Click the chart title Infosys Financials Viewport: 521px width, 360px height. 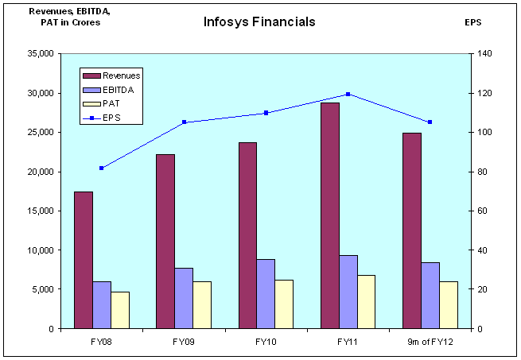259,21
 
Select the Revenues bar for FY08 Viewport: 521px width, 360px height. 84,260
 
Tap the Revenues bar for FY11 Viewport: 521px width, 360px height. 330,215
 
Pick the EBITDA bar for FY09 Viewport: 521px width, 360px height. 184,298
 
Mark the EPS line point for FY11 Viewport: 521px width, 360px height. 348,94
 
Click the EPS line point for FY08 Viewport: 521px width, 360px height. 102,168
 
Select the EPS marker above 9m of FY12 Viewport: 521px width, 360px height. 430,122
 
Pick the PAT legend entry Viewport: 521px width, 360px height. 111,104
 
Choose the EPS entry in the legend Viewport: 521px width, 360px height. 111,118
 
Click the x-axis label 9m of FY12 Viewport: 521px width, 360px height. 430,342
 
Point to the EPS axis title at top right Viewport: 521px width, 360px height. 473,22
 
